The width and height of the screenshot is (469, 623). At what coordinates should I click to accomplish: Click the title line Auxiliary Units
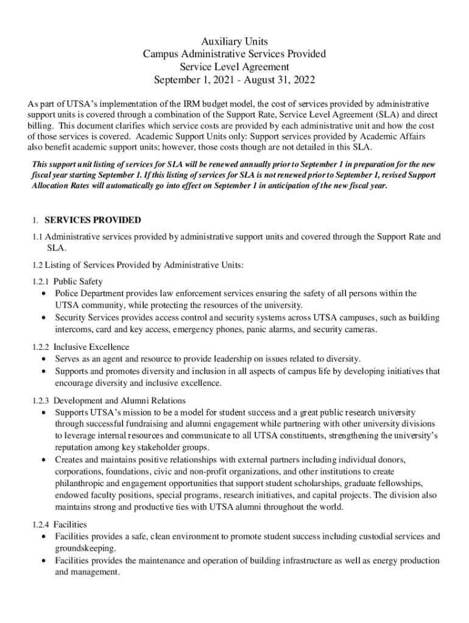(234, 41)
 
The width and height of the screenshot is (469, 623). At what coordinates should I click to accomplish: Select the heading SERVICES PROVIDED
(93, 220)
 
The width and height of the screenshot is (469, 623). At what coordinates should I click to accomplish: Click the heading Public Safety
(78, 282)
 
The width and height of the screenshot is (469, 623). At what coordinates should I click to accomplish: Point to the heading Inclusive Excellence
(91, 347)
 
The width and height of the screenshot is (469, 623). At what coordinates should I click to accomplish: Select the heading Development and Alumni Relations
(119, 400)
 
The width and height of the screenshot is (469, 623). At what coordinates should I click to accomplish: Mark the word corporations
(79, 472)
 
